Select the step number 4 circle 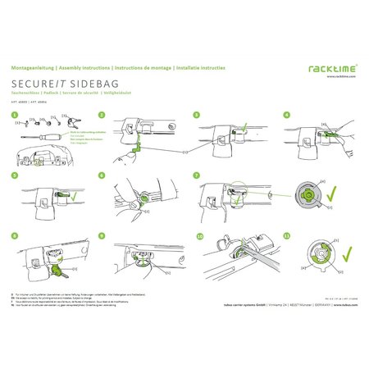(x=286, y=116)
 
